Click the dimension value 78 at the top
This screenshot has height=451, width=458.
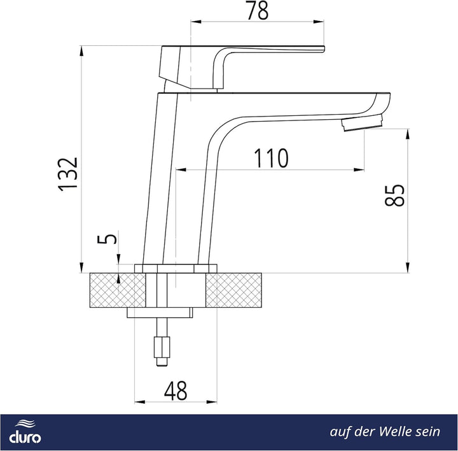tap(258, 11)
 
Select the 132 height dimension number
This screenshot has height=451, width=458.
tap(68, 175)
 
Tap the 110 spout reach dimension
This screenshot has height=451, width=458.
tap(271, 158)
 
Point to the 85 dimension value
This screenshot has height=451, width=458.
tap(394, 196)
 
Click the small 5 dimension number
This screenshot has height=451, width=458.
tap(107, 239)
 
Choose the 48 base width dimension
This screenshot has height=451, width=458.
tap(176, 390)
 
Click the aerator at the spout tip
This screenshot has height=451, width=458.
tap(363, 123)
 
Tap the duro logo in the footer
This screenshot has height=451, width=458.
tap(25, 431)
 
